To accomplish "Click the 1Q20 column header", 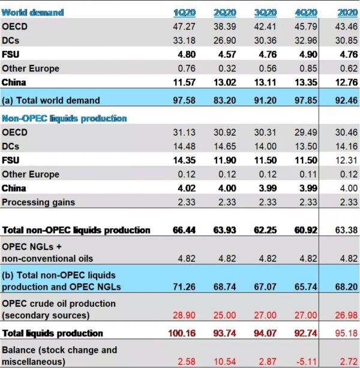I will click(182, 12).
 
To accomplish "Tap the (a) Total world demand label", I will click(51, 100).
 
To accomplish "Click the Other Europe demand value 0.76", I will click(182, 68).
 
